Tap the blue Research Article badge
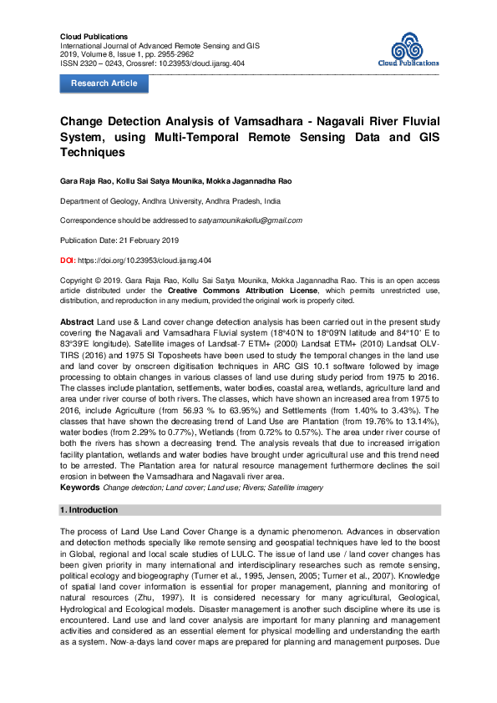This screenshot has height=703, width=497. [104, 83]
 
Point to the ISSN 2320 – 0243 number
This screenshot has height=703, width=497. [92, 63]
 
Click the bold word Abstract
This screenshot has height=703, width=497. [77, 321]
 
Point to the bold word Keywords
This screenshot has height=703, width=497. [80, 486]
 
